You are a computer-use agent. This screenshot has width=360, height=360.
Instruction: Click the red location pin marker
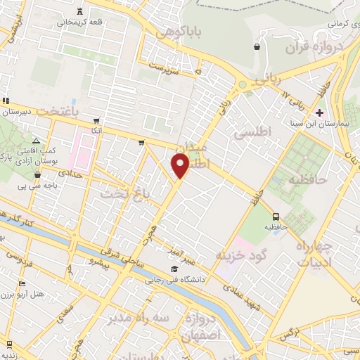click(181, 165)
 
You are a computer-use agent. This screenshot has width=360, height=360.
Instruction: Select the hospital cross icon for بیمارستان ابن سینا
click(320, 112)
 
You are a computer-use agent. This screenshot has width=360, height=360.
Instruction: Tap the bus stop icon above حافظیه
click(275, 217)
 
